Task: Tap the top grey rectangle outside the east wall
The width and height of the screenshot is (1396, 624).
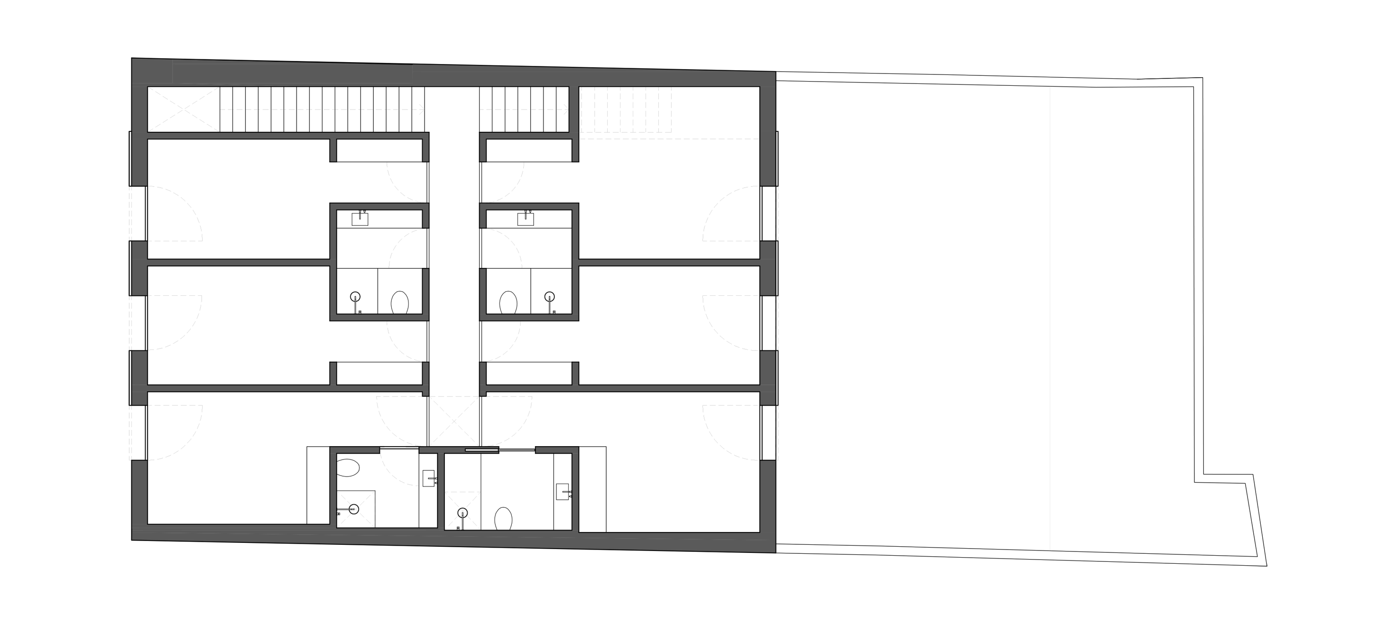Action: point(826,213)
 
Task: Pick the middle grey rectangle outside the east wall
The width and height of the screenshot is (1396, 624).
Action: point(826,322)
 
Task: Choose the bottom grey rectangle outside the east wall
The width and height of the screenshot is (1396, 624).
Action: point(826,433)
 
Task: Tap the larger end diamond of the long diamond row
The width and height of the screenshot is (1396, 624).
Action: point(419,110)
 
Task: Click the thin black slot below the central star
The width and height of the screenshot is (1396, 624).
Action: point(481,449)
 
